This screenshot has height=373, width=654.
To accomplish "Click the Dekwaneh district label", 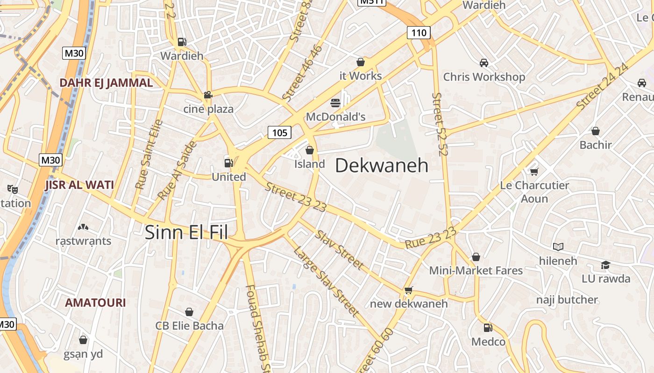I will coord(382,166).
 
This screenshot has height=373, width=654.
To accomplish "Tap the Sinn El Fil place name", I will coord(186,232).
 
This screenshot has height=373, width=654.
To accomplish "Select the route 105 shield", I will coord(279,133).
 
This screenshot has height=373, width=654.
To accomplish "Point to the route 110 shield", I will coord(419,33).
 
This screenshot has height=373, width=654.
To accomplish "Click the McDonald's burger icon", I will coord(335,103).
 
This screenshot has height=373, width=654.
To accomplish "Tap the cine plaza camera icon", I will coord(208,95).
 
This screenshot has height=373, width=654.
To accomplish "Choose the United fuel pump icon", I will coord(228,163).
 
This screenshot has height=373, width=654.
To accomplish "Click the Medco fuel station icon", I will coord(488,328).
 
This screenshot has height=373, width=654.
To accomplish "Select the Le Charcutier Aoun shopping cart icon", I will coord(534,172).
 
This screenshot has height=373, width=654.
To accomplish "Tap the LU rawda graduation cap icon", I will coord(605,265).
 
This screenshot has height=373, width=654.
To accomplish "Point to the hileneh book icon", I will coord(558,247).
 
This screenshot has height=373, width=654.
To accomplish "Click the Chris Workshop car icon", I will coord(484,62).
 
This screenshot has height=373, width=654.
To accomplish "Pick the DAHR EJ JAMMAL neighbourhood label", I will coord(106,83).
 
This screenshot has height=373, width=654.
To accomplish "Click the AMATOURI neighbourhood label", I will coord(95,303).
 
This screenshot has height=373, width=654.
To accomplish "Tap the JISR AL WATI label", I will coord(79,185).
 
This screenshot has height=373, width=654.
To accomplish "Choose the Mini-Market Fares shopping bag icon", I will coord(476,257).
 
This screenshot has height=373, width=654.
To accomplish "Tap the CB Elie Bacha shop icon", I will coord(189,311).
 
